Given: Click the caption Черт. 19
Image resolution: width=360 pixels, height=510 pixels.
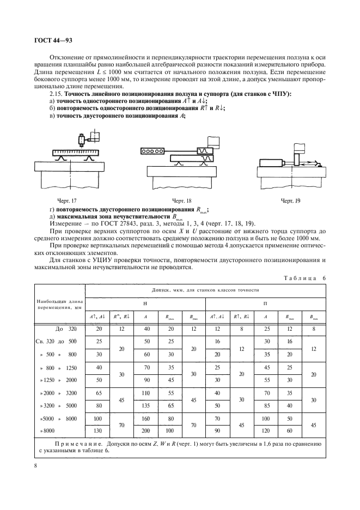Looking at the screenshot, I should (x=289, y=201).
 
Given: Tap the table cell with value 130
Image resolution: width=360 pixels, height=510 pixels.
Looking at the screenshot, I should (x=99, y=430).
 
